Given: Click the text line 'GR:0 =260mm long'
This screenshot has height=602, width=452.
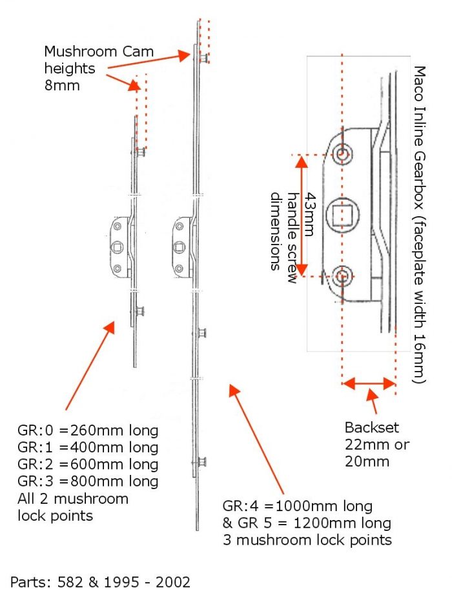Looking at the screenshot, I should click(x=88, y=430).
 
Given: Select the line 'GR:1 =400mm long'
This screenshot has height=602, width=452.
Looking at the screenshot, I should click(x=88, y=447).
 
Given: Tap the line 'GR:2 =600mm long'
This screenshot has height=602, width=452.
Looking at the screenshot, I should click(x=88, y=464).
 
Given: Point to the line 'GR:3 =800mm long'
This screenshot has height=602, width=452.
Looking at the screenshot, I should click(x=88, y=481).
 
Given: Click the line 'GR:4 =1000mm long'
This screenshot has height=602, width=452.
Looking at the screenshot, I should click(x=298, y=505).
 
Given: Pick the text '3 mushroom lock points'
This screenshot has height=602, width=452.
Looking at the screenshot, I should click(x=307, y=539).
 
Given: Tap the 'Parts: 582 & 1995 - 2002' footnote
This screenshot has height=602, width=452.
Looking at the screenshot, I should click(x=100, y=583).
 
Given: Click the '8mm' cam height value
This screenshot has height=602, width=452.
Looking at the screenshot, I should click(x=62, y=85).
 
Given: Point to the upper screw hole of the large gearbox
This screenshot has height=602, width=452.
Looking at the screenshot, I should click(x=343, y=154).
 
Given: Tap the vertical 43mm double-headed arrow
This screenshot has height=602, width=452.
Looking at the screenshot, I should click(x=300, y=216).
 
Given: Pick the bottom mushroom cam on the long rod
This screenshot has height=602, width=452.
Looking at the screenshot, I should click(x=201, y=462).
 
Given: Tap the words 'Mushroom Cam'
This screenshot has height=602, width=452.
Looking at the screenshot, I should click(x=89, y=51).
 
